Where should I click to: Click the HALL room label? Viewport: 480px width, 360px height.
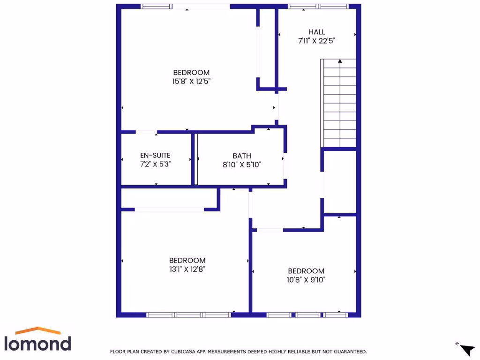point(316,32)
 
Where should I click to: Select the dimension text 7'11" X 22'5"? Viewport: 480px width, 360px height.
point(316,41)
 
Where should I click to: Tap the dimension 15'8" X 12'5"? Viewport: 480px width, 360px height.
point(191,81)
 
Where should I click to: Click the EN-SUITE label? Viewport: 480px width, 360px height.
point(155,156)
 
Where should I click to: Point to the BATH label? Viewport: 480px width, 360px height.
point(242,156)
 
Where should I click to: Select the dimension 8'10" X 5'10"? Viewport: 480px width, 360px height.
point(242,165)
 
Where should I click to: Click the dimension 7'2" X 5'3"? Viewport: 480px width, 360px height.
point(155,165)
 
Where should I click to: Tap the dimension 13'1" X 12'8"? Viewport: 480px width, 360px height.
point(187,269)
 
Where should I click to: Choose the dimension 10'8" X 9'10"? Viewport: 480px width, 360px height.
point(306,280)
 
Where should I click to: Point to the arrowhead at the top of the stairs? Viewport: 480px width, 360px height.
point(340,60)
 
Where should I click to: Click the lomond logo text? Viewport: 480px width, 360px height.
point(37,343)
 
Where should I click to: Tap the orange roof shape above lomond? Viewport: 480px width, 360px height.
point(38,330)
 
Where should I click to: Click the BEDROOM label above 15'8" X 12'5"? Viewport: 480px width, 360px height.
point(191,73)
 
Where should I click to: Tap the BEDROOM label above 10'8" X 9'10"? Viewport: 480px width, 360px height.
point(306,271)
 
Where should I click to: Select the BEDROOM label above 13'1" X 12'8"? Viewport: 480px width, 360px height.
point(187,261)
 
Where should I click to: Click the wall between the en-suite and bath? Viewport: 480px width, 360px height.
point(193,159)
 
